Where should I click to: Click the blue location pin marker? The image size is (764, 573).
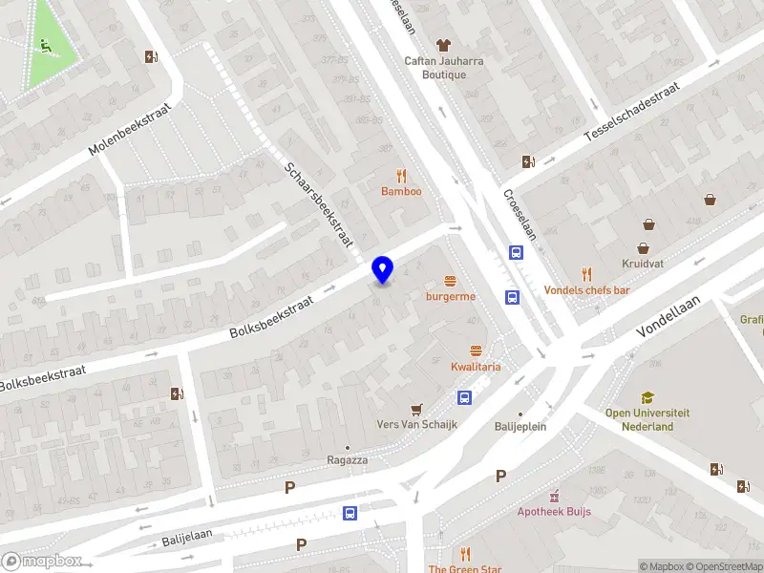pyautogui.click(x=383, y=270)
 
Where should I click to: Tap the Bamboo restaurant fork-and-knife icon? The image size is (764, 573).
pyautogui.click(x=401, y=176)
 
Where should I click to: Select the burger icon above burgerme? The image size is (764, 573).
pyautogui.click(x=450, y=281)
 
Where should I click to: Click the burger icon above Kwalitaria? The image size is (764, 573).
pyautogui.click(x=476, y=350)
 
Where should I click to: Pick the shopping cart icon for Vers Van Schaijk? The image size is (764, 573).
pyautogui.click(x=416, y=409)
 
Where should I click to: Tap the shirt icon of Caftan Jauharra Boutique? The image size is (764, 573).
pyautogui.click(x=442, y=44)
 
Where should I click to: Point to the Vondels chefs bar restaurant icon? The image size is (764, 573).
pyautogui.click(x=586, y=274)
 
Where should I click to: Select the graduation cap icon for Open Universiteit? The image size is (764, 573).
pyautogui.click(x=647, y=397)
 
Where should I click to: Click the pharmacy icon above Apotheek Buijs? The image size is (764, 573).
pyautogui.click(x=553, y=495)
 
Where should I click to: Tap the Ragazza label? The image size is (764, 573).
pyautogui.click(x=347, y=459)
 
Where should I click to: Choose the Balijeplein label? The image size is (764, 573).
pyautogui.click(x=520, y=427)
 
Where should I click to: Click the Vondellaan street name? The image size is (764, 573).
pyautogui.click(x=668, y=316)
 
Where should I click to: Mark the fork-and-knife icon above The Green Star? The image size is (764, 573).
pyautogui.click(x=465, y=555)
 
